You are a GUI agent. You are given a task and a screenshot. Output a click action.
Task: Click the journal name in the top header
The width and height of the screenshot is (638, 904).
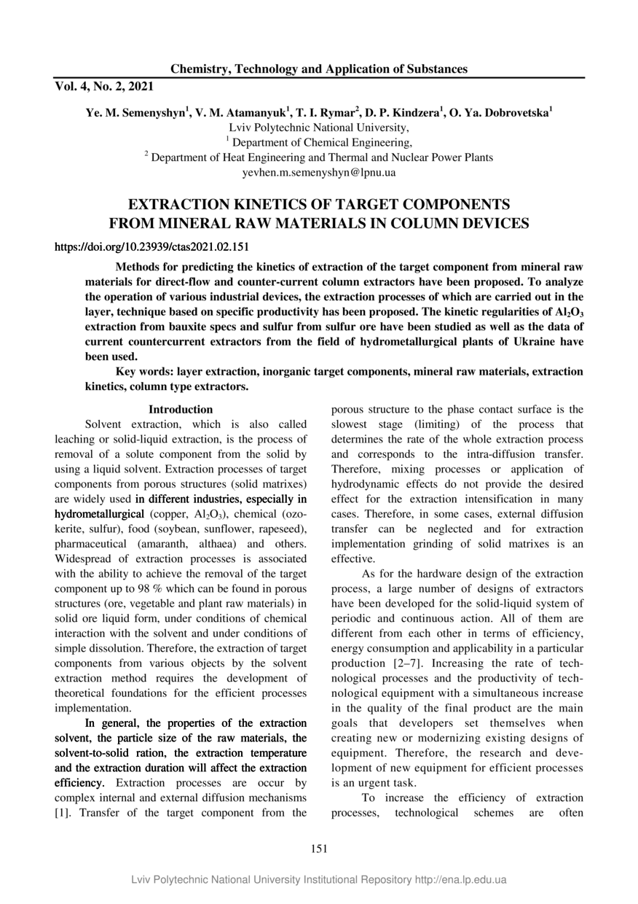click(319, 69)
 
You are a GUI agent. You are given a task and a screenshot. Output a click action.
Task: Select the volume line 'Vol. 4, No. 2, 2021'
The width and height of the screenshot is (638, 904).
click(104, 87)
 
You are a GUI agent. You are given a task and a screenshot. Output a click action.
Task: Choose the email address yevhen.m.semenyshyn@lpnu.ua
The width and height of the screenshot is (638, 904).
click(319, 173)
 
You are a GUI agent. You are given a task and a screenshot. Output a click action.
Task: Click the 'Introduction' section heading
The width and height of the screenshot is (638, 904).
click(181, 410)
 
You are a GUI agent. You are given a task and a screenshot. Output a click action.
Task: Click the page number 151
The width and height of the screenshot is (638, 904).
click(319, 849)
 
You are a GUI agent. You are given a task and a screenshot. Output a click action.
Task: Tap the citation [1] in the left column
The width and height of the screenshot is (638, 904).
click(63, 812)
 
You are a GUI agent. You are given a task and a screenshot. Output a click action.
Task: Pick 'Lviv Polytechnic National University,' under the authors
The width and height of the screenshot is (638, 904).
click(319, 128)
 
